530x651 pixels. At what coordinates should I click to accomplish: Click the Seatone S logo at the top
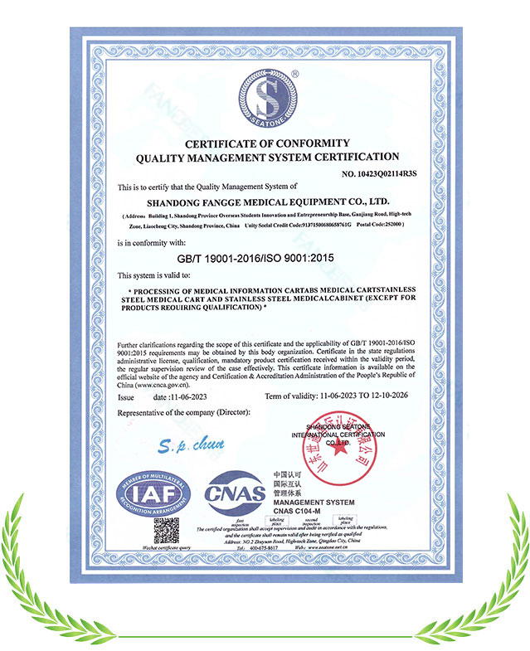pyautogui.click(x=265, y=96)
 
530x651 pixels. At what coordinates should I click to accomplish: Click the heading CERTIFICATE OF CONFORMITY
pyautogui.click(x=266, y=143)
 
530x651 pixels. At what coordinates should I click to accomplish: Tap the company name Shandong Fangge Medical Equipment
pyautogui.click(x=266, y=201)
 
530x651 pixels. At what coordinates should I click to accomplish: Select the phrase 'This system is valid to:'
pyautogui.click(x=154, y=274)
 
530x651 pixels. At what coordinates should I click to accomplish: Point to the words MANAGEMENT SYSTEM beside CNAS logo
pyautogui.click(x=314, y=503)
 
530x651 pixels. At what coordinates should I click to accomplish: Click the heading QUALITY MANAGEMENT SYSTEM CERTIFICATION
pyautogui.click(x=266, y=157)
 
